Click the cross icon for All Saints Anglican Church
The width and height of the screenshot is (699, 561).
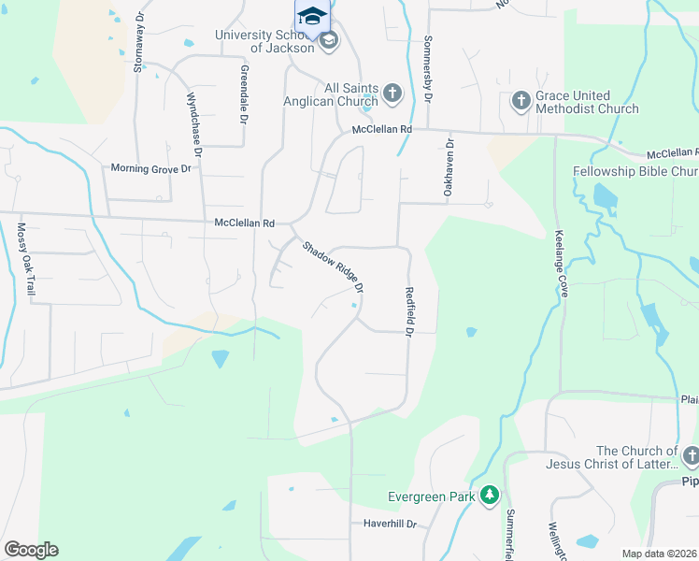[392, 93]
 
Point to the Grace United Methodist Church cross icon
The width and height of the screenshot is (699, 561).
[521, 99]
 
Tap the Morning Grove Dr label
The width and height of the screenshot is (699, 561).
[150, 168]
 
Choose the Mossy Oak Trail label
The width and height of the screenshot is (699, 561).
[26, 260]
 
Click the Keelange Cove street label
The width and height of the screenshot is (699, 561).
[561, 264]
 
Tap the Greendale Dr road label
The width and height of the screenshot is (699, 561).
[244, 94]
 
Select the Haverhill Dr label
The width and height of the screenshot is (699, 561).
[390, 525]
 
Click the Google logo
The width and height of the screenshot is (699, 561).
[31, 550]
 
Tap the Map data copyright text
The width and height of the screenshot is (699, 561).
[659, 554]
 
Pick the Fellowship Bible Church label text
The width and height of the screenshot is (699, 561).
[635, 172]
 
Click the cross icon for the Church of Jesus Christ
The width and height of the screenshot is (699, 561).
[690, 456]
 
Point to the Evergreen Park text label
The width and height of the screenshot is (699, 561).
[432, 496]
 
